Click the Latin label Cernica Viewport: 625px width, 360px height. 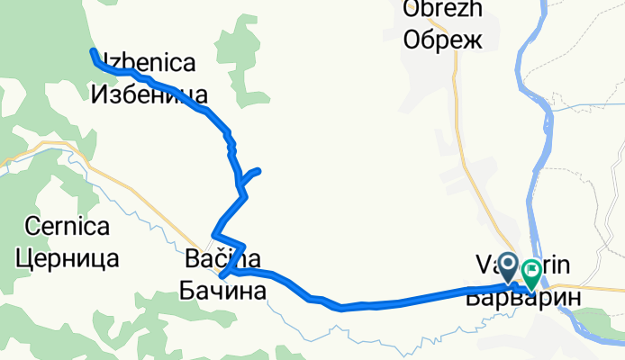click(x=68, y=228)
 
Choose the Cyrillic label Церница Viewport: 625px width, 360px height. click(x=68, y=258)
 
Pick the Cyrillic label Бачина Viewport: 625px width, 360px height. click(x=223, y=292)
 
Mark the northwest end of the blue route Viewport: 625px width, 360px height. click(x=93, y=51)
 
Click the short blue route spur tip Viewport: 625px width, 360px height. click(x=258, y=170)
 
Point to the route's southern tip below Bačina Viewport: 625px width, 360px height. click(x=222, y=276)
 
